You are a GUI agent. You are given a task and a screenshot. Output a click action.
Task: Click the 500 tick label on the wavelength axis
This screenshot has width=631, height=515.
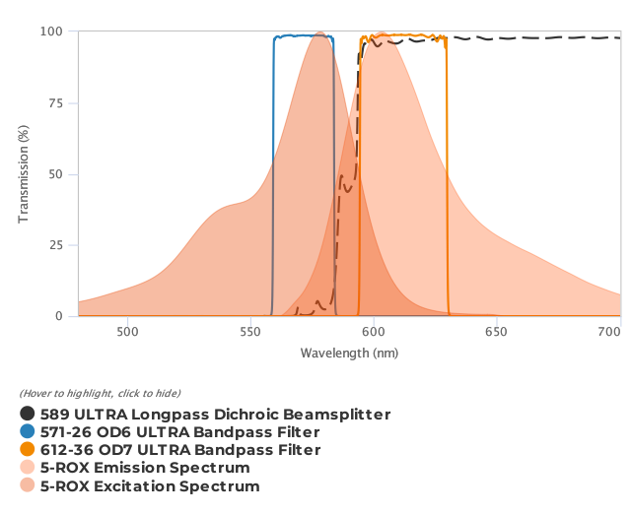tap(127, 332)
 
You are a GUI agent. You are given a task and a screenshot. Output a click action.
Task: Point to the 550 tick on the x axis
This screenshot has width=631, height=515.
tap(250, 332)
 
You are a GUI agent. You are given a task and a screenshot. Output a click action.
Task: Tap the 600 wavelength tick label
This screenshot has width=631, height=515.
tap(374, 332)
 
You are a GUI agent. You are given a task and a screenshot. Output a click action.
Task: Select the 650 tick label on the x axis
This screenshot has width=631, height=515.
tap(497, 332)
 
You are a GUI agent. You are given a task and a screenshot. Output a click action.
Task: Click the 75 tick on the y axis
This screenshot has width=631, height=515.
tap(56, 103)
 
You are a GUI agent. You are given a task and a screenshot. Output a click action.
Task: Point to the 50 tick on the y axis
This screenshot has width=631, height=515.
tap(56, 174)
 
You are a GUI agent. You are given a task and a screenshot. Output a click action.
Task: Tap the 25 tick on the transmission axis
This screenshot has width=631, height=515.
tap(56, 245)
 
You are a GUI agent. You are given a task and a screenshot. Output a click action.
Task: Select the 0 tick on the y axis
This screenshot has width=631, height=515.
tap(60, 316)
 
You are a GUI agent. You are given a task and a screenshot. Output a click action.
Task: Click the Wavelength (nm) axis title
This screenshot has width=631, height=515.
tap(349, 353)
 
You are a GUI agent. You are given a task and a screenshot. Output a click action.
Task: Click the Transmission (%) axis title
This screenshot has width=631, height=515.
tap(24, 174)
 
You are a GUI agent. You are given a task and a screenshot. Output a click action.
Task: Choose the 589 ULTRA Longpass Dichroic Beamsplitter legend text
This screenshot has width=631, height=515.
tap(215, 415)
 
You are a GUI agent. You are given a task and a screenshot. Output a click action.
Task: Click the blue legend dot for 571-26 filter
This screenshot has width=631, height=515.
tap(28, 432)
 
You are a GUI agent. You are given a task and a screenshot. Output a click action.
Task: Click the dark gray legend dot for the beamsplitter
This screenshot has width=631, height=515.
tap(28, 415)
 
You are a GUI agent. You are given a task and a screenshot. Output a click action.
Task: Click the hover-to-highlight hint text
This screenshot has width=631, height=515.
tap(100, 394)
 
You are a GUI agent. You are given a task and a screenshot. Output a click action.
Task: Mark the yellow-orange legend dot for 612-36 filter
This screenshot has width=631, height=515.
tap(28, 450)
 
